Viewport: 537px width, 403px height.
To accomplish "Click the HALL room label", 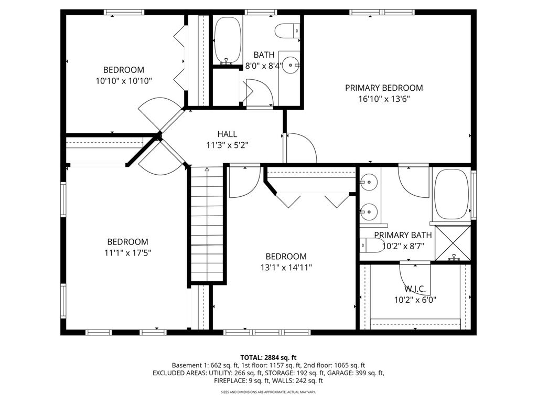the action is [227, 134].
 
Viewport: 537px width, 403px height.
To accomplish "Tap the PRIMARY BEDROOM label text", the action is [384, 88].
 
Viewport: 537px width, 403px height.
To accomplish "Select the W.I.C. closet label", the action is [415, 289].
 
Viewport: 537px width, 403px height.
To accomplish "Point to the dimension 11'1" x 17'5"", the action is [128, 253].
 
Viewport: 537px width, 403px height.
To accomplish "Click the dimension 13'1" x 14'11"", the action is [286, 267].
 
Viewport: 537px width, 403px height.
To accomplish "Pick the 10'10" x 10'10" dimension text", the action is [124, 81].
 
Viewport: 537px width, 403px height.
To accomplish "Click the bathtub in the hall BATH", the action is [228, 40].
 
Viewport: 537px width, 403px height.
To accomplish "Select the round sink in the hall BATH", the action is [291, 65].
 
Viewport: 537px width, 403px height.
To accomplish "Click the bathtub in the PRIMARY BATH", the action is [451, 194].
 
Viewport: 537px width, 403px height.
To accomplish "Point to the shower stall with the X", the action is [453, 243].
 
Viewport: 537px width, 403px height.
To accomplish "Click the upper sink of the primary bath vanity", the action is [369, 182].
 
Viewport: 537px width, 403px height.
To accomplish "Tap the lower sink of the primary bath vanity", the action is [369, 212].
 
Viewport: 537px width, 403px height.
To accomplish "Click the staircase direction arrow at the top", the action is [207, 169].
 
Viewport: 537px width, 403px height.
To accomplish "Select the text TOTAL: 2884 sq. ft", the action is [268, 358].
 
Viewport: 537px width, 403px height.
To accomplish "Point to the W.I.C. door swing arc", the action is [415, 278].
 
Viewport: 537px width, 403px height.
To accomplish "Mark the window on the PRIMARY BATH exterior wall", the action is [474, 195].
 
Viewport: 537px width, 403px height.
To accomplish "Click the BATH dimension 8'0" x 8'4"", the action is [264, 66].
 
